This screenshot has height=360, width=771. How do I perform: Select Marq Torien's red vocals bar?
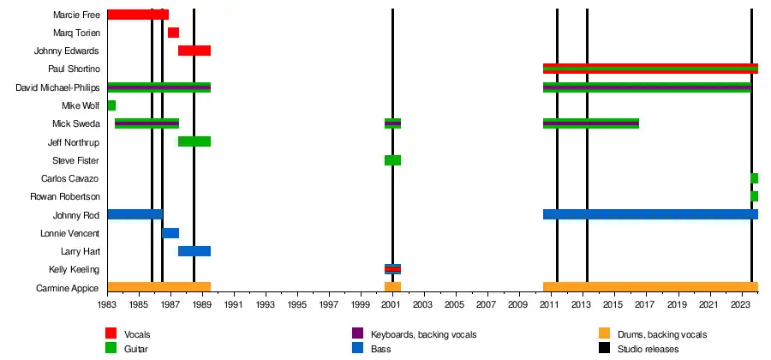pyautogui.click(x=173, y=33)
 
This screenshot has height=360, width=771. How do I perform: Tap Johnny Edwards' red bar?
pyautogui.click(x=194, y=51)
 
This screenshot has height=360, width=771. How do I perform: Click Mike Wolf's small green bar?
pyautogui.click(x=111, y=105)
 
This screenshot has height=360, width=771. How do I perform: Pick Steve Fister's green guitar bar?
pyautogui.click(x=392, y=160)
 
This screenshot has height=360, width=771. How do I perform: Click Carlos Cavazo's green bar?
pyautogui.click(x=754, y=178)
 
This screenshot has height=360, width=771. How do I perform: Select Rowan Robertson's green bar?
pyautogui.click(x=754, y=196)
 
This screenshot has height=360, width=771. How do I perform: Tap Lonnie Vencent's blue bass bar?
pyautogui.click(x=170, y=233)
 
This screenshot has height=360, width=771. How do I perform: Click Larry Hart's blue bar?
pyautogui.click(x=194, y=251)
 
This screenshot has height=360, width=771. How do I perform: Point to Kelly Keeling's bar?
pyautogui.click(x=392, y=269)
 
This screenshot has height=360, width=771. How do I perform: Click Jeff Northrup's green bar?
pyautogui.click(x=194, y=141)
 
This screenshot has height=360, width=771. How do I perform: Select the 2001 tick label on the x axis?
pyautogui.click(x=392, y=304)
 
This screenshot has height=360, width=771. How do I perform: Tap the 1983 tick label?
pyautogui.click(x=107, y=304)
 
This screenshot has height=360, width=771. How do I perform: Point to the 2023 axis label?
pyautogui.click(x=741, y=304)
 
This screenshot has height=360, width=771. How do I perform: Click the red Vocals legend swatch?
pyautogui.click(x=111, y=333)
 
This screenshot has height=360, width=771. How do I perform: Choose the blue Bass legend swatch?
pyautogui.click(x=358, y=348)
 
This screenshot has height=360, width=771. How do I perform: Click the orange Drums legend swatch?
pyautogui.click(x=604, y=333)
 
